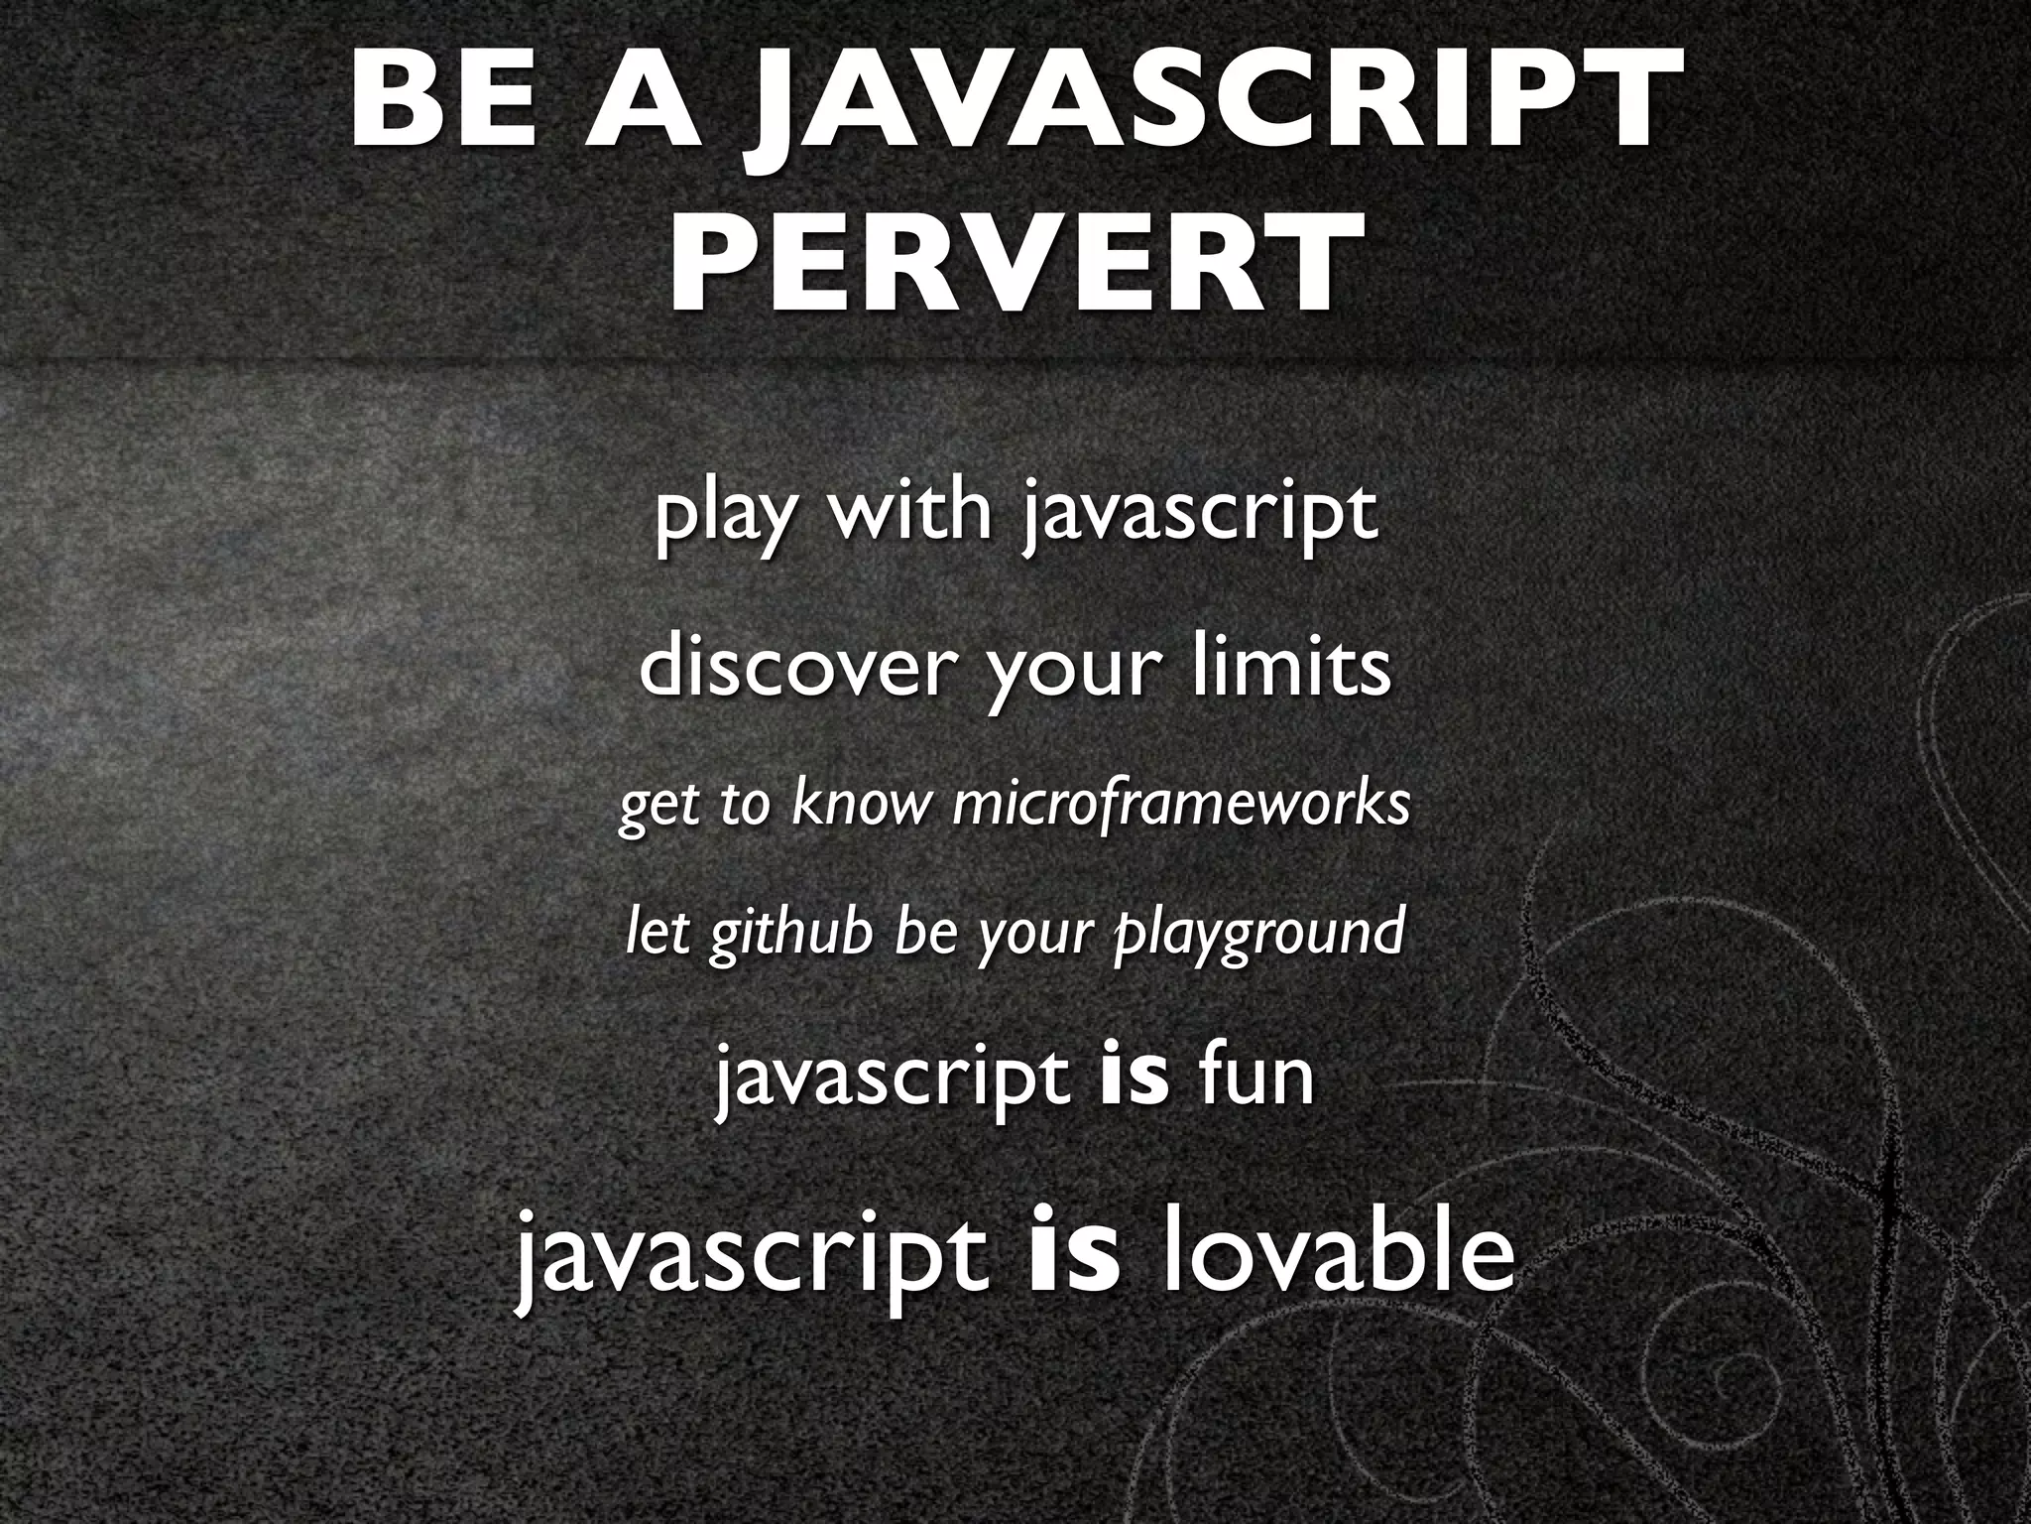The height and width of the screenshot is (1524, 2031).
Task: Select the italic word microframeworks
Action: pyautogui.click(x=1180, y=804)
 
